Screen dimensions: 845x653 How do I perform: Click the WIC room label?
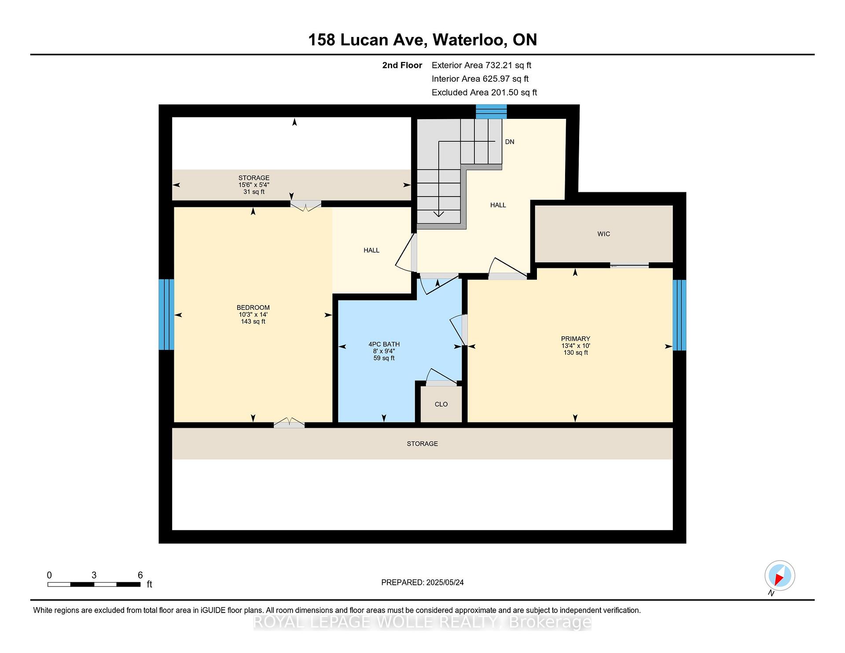tap(603, 234)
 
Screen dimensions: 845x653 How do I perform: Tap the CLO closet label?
tap(441, 404)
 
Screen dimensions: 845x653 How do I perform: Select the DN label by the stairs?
tap(510, 142)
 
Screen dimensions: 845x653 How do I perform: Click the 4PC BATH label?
tap(384, 344)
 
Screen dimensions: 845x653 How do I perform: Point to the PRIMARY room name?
tap(575, 338)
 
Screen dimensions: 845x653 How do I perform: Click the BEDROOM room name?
tap(253, 308)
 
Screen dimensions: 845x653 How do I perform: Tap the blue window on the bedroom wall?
tap(166, 314)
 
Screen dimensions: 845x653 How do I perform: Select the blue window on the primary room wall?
tap(679, 315)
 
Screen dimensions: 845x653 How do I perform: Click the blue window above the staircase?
tap(491, 112)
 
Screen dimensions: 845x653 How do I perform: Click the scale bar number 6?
tap(140, 575)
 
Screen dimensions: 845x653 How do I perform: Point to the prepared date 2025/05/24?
tap(445, 582)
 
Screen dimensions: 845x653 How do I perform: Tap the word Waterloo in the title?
tap(468, 40)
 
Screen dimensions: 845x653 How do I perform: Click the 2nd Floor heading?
tap(402, 65)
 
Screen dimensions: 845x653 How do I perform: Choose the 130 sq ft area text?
tap(575, 352)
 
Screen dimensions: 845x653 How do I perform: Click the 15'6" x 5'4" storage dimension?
tap(254, 185)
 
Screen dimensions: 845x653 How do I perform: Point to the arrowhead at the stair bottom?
tap(439, 214)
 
